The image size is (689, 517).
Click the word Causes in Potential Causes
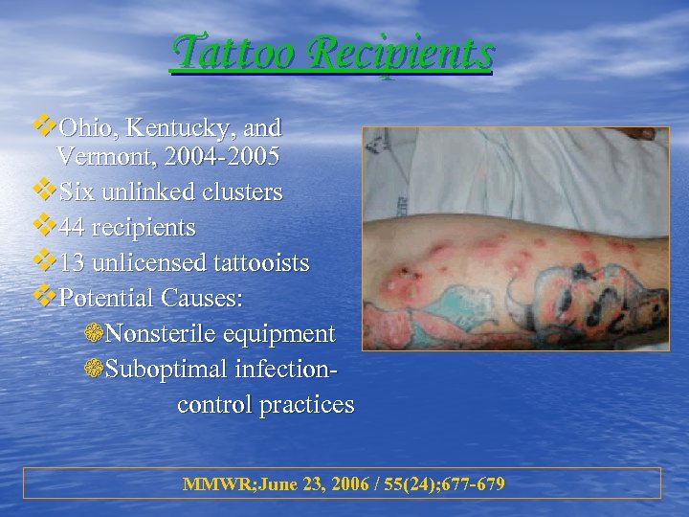click(202, 298)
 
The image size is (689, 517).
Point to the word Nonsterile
click(163, 334)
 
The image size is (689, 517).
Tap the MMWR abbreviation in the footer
click(212, 483)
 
